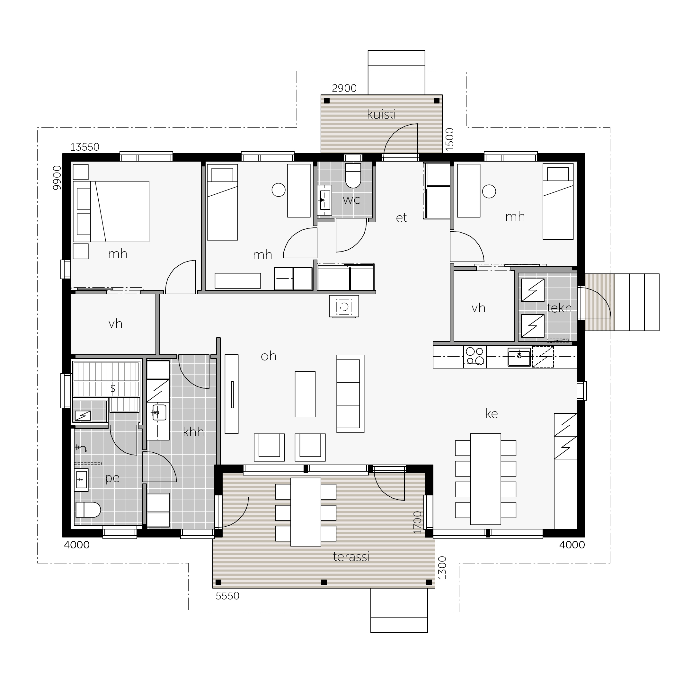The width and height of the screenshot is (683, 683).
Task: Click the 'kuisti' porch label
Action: [381, 114]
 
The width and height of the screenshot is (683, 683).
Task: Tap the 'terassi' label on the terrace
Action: [351, 557]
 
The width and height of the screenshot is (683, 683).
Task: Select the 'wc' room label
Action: [351, 200]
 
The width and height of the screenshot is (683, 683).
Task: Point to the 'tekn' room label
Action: [559, 308]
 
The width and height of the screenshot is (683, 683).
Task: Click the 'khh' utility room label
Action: [193, 432]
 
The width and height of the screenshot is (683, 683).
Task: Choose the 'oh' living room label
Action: [268, 356]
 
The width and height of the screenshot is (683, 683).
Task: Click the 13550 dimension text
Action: [85, 147]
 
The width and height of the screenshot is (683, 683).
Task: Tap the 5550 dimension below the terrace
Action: [227, 596]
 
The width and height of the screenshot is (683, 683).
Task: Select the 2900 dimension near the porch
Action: [344, 88]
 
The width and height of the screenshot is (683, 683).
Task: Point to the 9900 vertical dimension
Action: [57, 178]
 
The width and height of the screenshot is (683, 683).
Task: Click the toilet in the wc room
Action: [353, 175]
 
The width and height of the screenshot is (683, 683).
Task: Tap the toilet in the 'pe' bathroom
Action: [88, 510]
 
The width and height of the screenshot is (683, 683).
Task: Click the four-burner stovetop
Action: [475, 356]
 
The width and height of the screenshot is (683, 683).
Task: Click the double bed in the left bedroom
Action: [111, 212]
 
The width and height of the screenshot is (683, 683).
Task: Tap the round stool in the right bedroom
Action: [489, 191]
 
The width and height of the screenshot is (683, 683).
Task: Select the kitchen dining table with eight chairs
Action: [485, 479]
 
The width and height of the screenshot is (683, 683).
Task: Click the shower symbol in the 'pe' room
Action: [81, 448]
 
